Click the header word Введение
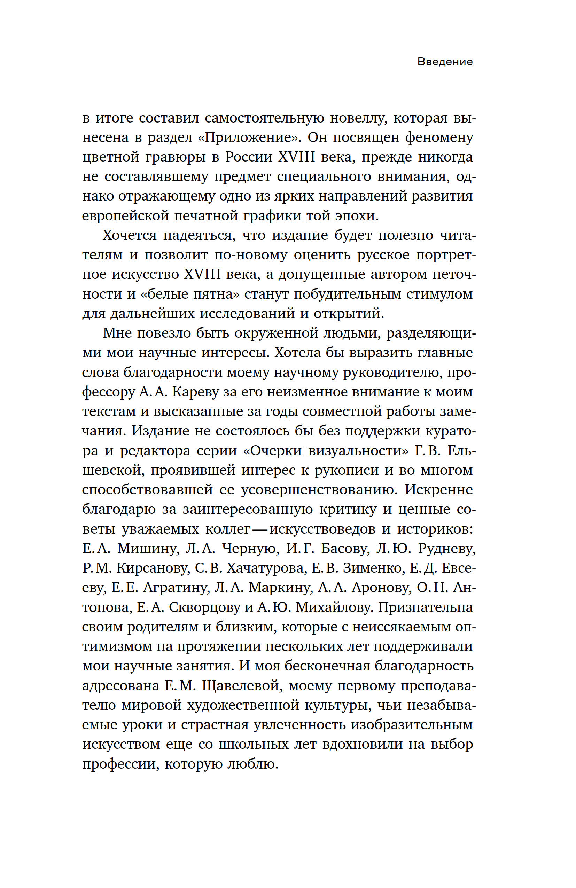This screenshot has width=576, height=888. tap(445, 62)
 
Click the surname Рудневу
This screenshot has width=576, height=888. tap(447, 549)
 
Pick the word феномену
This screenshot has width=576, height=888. tap(439, 138)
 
